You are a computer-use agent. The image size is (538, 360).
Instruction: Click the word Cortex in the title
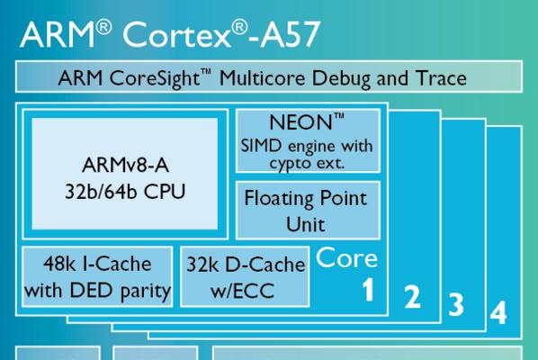tap(176, 34)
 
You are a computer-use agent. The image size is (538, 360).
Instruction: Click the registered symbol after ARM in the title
tap(103, 27)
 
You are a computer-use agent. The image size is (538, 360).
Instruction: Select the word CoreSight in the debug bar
tap(155, 78)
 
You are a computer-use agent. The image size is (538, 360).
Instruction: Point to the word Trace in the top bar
tap(441, 78)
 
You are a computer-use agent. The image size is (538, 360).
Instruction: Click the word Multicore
tap(263, 78)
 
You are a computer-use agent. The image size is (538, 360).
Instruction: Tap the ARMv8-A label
tap(125, 166)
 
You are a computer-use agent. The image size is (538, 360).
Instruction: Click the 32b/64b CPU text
tap(125, 192)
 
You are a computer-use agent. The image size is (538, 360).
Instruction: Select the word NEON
tap(300, 122)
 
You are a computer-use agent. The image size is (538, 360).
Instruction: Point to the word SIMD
tap(261, 146)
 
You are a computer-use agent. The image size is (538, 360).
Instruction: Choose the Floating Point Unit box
tap(308, 211)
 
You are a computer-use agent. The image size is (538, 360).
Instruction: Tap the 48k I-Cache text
tap(97, 265)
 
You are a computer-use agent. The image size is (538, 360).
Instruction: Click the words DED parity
tap(120, 291)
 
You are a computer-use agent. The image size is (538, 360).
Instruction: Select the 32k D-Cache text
tap(246, 265)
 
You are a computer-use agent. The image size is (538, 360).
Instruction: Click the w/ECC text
tap(242, 291)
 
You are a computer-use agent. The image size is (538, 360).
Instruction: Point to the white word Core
tap(346, 257)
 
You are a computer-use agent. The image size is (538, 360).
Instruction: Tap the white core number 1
tap(369, 289)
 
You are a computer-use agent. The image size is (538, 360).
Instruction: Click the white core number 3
tap(456, 304)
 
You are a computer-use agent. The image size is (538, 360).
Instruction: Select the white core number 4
tap(498, 312)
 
